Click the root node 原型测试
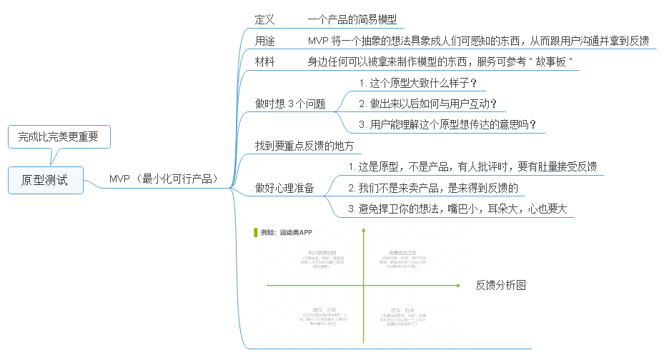[45, 180]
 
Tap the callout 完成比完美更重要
[59, 135]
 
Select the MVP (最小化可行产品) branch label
[163, 179]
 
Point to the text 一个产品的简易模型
[352, 19]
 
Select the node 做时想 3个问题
[290, 104]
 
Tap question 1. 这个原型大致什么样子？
[418, 83]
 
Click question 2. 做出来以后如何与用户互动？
[428, 104]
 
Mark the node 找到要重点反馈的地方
[305, 146]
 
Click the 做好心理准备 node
[284, 188]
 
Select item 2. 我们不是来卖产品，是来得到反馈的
[432, 188]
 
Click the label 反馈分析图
[501, 285]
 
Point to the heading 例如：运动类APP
[286, 232]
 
